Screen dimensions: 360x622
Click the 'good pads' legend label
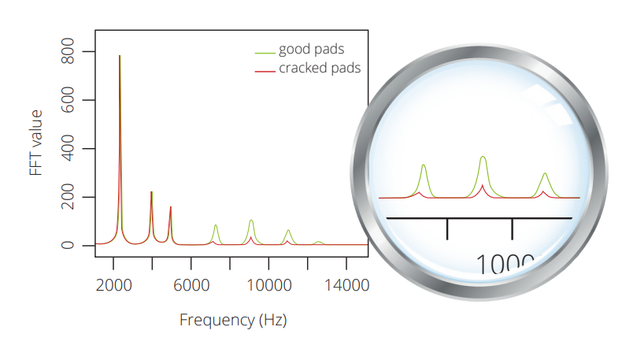click(x=311, y=50)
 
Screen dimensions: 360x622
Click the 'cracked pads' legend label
click(x=320, y=68)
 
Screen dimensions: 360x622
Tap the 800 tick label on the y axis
click(x=68, y=51)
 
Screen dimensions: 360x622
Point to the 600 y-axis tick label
click(x=68, y=100)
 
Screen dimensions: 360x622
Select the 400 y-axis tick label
click(x=68, y=149)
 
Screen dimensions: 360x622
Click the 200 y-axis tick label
click(x=68, y=197)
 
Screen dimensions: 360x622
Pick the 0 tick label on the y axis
click(x=68, y=245)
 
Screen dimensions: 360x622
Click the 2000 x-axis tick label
click(x=113, y=286)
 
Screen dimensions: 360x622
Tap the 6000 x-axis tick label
click(x=191, y=286)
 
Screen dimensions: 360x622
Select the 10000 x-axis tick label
click(x=268, y=286)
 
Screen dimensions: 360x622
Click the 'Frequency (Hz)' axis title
click(x=233, y=320)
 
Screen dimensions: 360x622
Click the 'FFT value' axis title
click(x=36, y=143)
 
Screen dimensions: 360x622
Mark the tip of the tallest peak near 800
click(x=120, y=56)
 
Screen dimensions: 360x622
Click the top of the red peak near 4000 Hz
click(x=151, y=192)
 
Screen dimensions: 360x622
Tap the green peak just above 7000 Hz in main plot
click(x=216, y=225)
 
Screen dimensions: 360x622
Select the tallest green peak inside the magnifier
click(x=483, y=157)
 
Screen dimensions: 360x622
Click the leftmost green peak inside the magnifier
click(x=424, y=165)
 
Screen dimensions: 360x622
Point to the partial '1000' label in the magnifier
click(x=505, y=264)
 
